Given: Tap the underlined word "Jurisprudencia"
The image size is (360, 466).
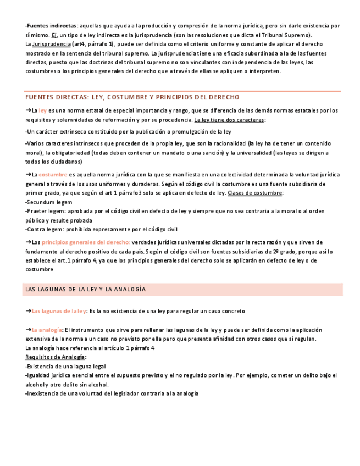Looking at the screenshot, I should point(52,44).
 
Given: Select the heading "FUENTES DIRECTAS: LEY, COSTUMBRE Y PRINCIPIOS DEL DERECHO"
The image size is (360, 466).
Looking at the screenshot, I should point(132,97).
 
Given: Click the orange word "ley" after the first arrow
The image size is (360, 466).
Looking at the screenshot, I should point(42,110).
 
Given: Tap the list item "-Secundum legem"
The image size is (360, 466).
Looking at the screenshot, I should point(48,202).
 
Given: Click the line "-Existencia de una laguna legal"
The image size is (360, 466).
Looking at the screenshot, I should point(65,367).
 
